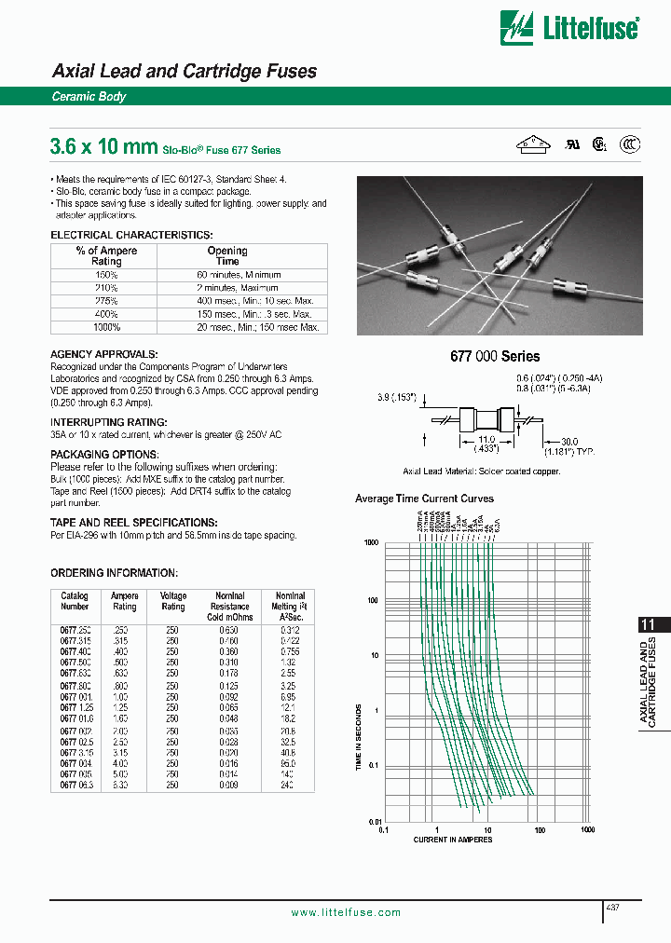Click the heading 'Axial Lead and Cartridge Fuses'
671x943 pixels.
(184, 72)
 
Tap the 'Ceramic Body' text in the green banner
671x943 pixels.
(89, 97)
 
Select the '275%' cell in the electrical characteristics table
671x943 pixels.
(106, 301)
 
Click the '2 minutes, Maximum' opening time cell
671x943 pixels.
(238, 288)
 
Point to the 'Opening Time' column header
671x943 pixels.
(226, 256)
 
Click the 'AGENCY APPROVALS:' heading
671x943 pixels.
(103, 354)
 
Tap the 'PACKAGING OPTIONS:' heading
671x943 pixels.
(104, 455)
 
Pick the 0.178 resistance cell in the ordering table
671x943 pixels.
(229, 672)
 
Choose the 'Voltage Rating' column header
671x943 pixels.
(173, 601)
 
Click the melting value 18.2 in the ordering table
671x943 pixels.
(289, 719)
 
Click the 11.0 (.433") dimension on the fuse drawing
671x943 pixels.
(486, 443)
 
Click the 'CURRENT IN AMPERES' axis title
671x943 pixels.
(453, 840)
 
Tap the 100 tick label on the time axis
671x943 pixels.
(372, 600)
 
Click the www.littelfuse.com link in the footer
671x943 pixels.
(346, 912)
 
